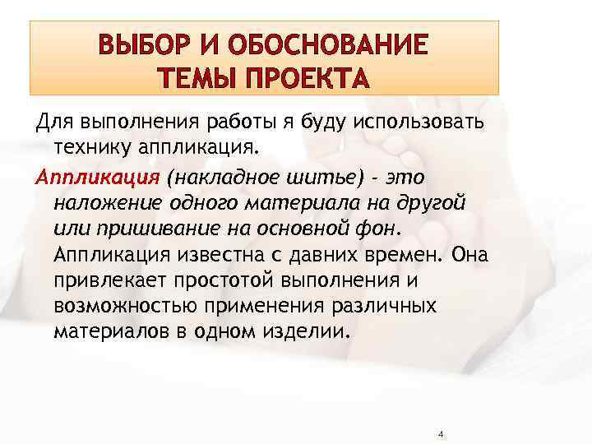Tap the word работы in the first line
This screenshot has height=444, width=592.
[228, 122]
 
